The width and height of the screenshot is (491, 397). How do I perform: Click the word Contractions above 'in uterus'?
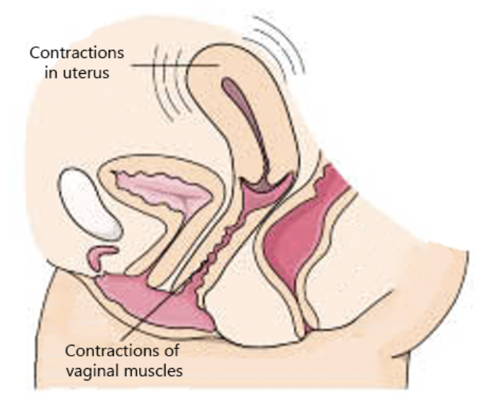point(77,54)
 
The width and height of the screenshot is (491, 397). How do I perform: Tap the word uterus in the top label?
point(89,72)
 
